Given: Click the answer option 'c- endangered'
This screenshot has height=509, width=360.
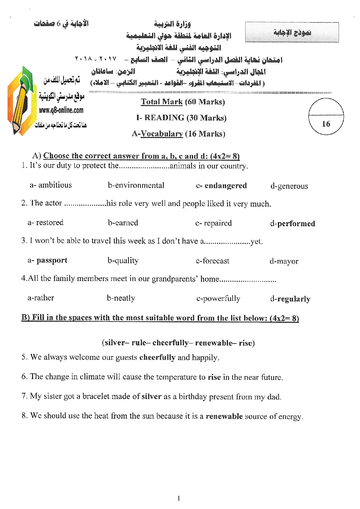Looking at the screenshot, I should pyautogui.click(x=221, y=186).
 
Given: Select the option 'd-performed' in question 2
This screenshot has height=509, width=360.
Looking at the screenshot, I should pyautogui.click(x=292, y=223).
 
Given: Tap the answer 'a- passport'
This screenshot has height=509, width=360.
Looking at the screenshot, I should pyautogui.click(x=48, y=260).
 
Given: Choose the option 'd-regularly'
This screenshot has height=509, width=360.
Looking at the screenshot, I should pyautogui.click(x=290, y=299).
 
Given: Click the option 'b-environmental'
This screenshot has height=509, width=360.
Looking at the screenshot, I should pyautogui.click(x=136, y=185).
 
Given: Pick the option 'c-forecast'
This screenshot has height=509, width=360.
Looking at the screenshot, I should pyautogui.click(x=213, y=261).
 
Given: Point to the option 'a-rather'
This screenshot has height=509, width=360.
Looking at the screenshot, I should pyautogui.click(x=41, y=298).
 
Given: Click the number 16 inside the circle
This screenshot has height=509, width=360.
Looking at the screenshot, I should pyautogui.click(x=326, y=124).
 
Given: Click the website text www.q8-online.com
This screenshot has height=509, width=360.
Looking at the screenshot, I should pyautogui.click(x=61, y=110).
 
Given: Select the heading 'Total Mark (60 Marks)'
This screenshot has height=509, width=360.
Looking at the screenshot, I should pyautogui.click(x=183, y=102).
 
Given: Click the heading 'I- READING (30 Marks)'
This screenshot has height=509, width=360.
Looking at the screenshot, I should pyautogui.click(x=181, y=118).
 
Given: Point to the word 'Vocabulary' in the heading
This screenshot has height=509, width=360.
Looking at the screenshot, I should pyautogui.click(x=161, y=134).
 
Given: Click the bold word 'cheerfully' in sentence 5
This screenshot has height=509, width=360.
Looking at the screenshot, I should pyautogui.click(x=157, y=357).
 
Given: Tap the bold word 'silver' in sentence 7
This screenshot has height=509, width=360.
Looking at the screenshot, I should pyautogui.click(x=151, y=396).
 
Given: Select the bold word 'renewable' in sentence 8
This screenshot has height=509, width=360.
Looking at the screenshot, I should pyautogui.click(x=224, y=416).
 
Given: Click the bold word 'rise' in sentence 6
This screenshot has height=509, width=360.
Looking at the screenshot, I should pyautogui.click(x=214, y=377).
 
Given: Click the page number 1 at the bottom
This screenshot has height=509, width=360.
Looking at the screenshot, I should pyautogui.click(x=179, y=498).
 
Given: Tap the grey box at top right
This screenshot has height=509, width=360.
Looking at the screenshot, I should pyautogui.click(x=292, y=32).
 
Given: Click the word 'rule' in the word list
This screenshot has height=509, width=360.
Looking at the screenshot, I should pyautogui.click(x=139, y=343).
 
